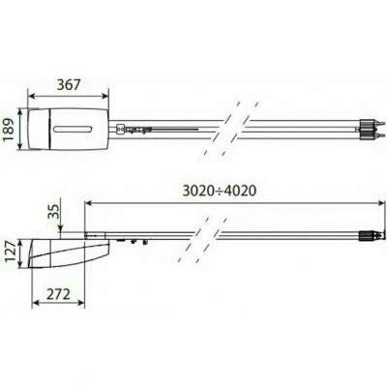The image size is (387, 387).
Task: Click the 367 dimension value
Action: tap(69, 84)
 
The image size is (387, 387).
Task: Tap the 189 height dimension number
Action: tap(10, 129)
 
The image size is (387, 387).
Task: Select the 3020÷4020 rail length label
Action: tap(220, 191)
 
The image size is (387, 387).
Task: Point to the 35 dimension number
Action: tap(55, 212)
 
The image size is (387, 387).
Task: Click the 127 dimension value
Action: tap(11, 253)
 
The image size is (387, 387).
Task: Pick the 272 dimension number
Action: tap(58, 294)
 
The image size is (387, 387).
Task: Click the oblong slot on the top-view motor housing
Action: tap(74, 129)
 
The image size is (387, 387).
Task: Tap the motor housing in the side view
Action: tap(69, 253)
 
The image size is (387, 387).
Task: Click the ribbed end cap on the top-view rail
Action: tap(365, 129)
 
